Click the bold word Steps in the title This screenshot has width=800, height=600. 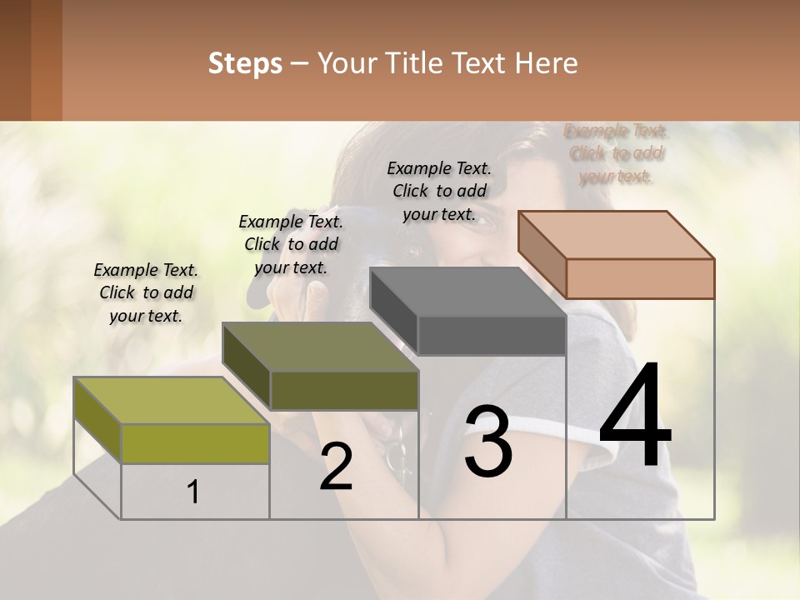click(245, 63)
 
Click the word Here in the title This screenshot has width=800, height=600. click(547, 63)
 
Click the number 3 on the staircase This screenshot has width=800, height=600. click(488, 442)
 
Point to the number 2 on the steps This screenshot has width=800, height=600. click(336, 467)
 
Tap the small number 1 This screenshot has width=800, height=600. click(193, 492)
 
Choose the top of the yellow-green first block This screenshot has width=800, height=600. click(172, 401)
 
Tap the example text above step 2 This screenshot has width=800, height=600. click(291, 245)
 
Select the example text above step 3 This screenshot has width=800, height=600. click(439, 192)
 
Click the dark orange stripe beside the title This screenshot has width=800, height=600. click(47, 60)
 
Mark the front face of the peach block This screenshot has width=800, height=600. click(640, 278)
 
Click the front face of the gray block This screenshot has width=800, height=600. click(492, 336)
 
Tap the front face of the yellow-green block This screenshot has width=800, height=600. click(195, 443)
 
